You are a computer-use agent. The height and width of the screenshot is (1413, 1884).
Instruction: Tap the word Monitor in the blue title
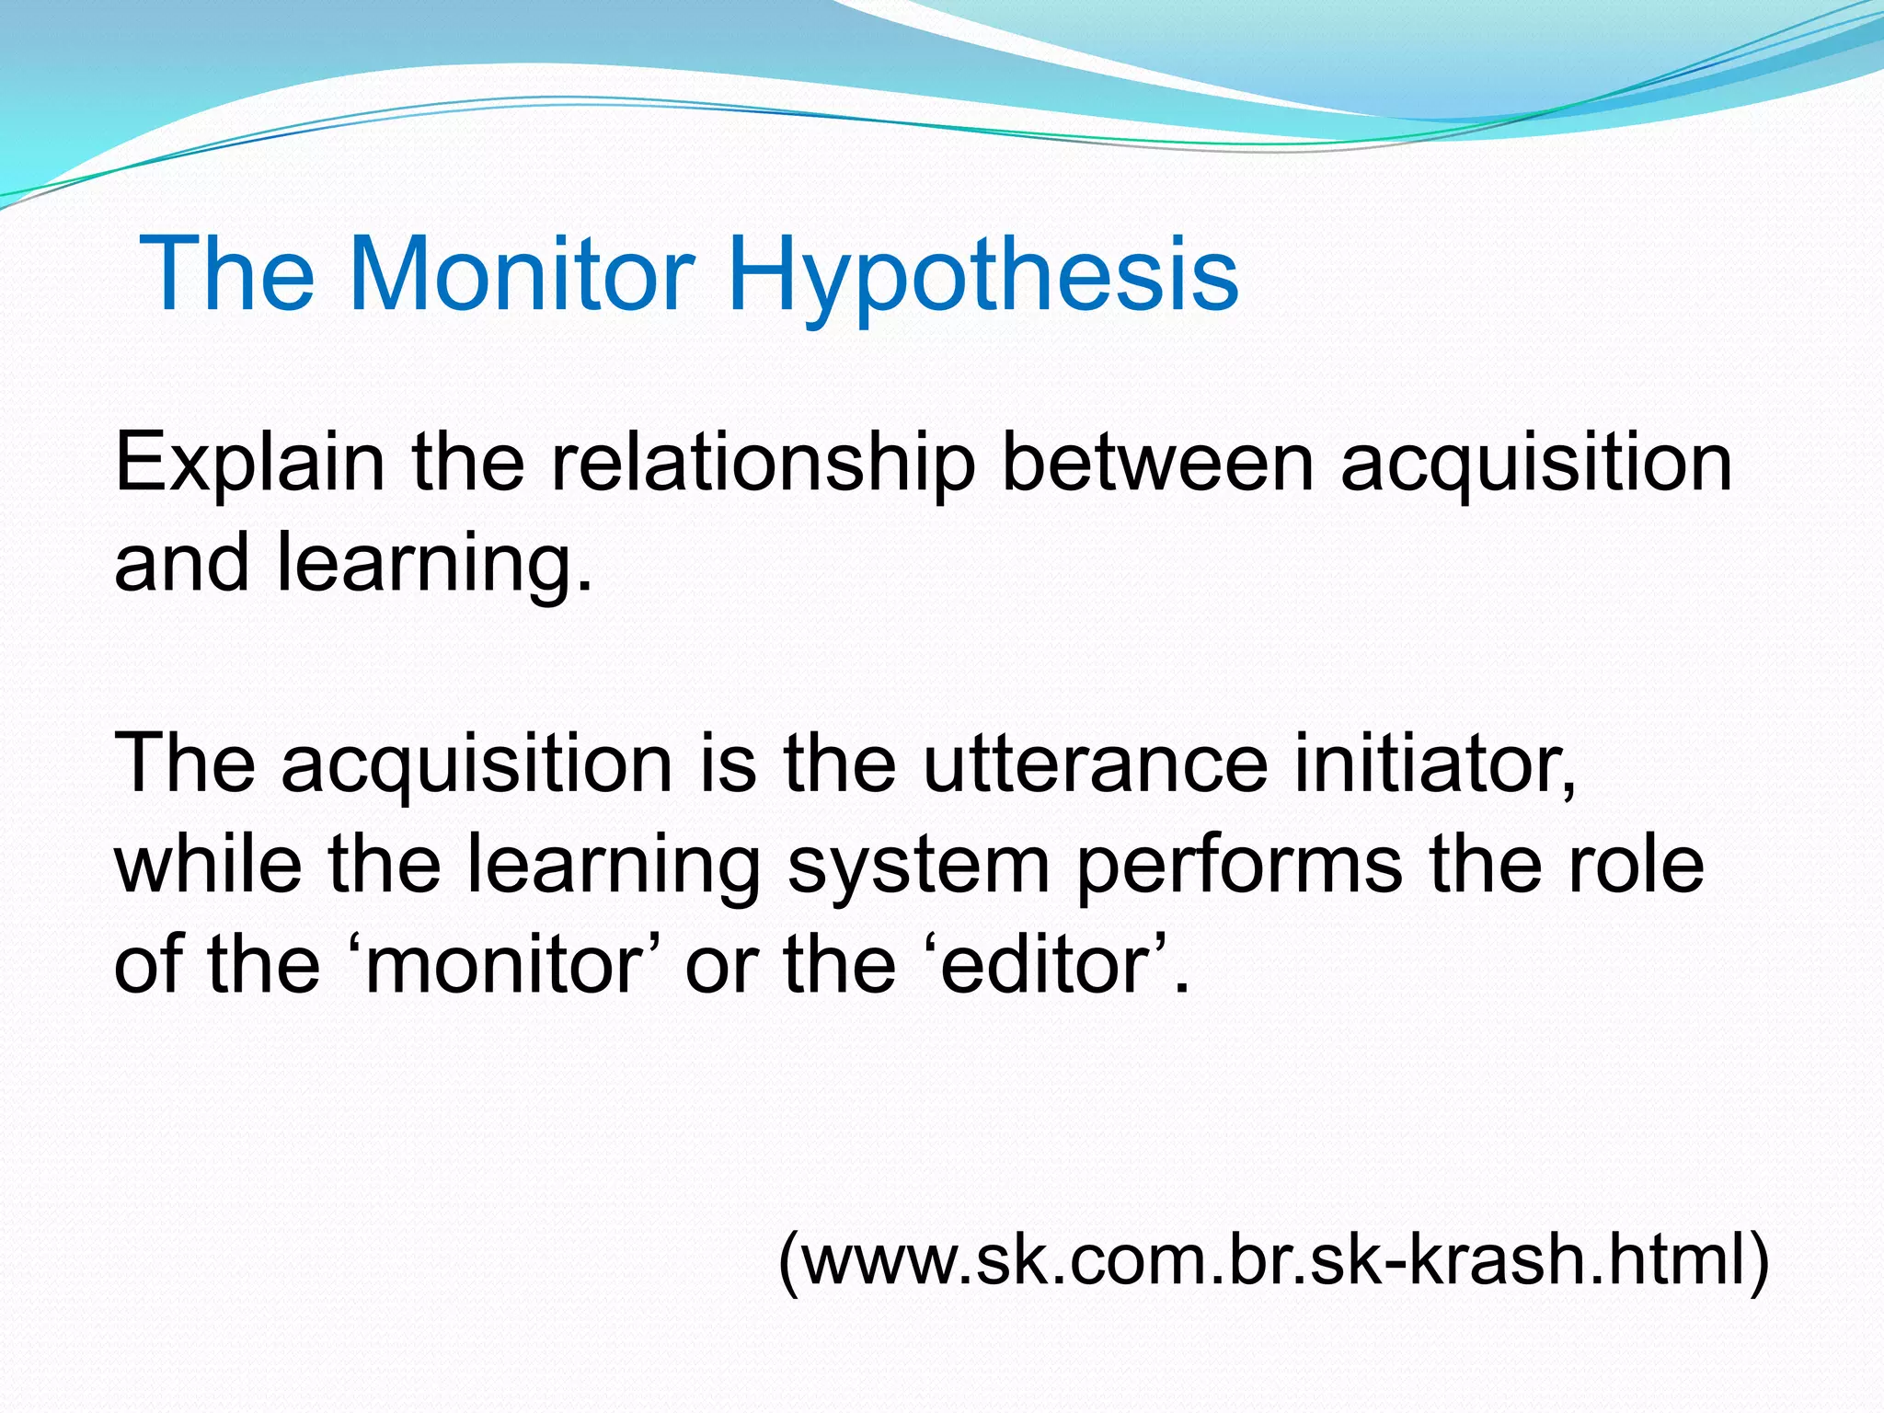pyautogui.click(x=522, y=274)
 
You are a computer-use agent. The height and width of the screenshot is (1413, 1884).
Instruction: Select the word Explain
pyautogui.click(x=249, y=463)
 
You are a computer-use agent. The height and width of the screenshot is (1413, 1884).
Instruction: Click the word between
pyautogui.click(x=1156, y=463)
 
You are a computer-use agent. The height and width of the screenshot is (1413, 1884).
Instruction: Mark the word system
pyautogui.click(x=918, y=867)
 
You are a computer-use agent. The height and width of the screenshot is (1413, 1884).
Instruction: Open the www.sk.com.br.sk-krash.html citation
pyautogui.click(x=1274, y=1259)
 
